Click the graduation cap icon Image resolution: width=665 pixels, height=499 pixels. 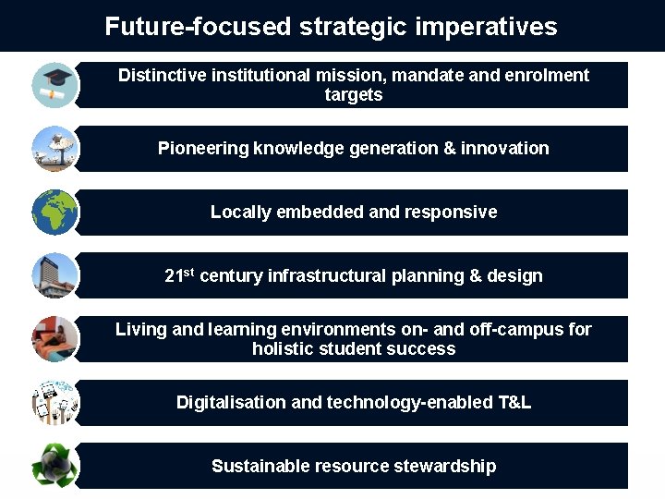click(54, 84)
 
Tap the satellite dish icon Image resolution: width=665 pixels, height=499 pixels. click(54, 148)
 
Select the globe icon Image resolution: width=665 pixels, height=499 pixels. click(54, 212)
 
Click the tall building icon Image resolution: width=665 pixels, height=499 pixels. click(54, 275)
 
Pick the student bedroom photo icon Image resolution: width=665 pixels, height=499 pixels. click(54, 338)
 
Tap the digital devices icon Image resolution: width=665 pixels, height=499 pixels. click(54, 402)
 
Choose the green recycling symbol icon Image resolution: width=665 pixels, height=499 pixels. click(54, 466)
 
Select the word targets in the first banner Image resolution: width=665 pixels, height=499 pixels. click(353, 95)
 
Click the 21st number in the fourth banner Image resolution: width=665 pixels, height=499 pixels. click(179, 275)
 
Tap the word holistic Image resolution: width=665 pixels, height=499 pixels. click(283, 349)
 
